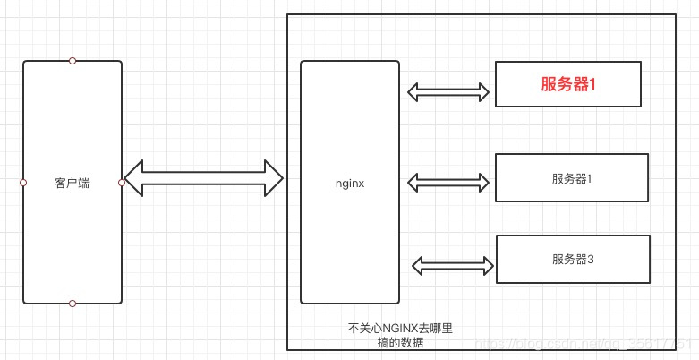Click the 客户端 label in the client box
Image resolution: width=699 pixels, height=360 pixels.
click(x=72, y=183)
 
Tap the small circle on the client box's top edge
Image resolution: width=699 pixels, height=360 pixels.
click(x=72, y=61)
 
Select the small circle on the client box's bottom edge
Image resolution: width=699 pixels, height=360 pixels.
click(x=72, y=304)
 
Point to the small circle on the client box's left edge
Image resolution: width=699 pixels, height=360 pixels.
click(x=23, y=183)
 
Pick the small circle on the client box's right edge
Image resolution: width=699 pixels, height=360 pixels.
click(x=122, y=183)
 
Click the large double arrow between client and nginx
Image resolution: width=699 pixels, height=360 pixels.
click(x=203, y=178)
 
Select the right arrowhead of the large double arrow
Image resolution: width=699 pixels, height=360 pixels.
click(x=273, y=178)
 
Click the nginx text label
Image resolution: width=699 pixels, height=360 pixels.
click(x=350, y=183)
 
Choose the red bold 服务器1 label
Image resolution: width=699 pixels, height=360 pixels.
click(x=568, y=84)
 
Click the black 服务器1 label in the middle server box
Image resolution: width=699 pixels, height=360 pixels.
click(x=572, y=178)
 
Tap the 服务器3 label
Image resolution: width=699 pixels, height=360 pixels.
click(x=573, y=259)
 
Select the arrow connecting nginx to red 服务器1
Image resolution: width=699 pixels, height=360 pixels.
click(x=448, y=91)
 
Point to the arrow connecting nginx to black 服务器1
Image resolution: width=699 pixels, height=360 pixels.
click(x=448, y=183)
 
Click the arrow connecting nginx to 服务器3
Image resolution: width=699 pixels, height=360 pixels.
click(x=454, y=265)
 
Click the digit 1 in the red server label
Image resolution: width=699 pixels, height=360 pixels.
click(x=592, y=84)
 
